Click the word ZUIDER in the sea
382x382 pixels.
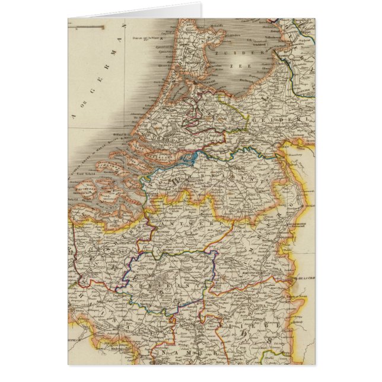tap(228, 51)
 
